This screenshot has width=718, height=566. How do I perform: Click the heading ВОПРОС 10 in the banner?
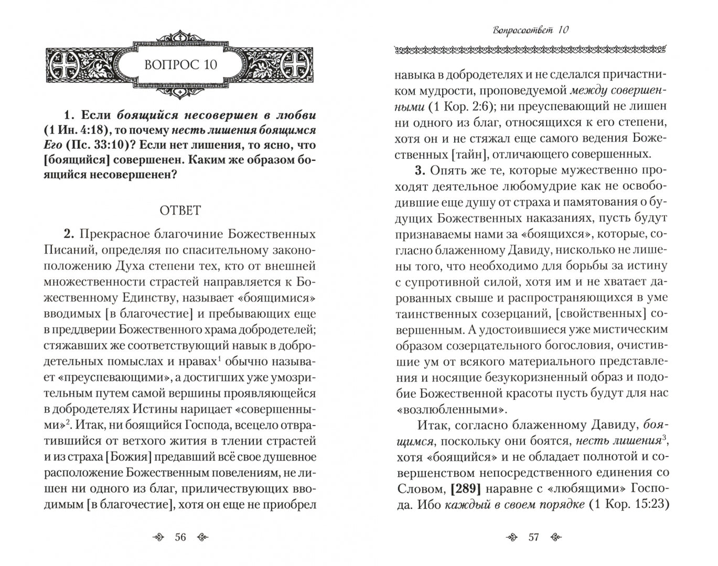tap(180, 65)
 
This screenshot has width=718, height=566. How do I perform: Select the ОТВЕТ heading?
tap(180, 211)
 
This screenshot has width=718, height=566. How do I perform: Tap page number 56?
tap(180, 537)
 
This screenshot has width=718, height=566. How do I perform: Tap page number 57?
tap(533, 537)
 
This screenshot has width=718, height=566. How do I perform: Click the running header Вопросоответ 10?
tap(531, 30)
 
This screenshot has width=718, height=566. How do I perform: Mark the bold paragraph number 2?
tap(67, 234)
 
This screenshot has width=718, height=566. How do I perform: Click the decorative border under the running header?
tap(531, 50)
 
